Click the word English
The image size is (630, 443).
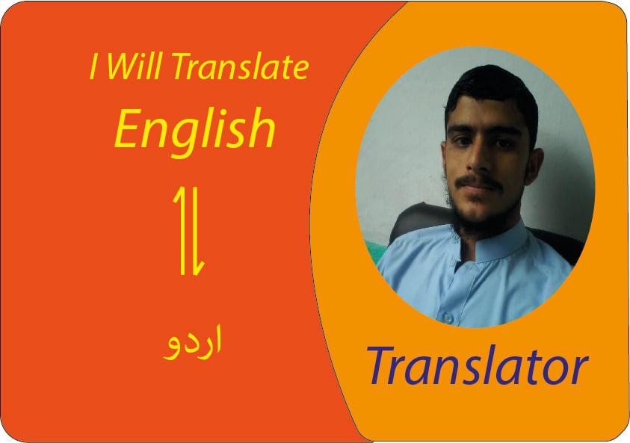coord(195,128)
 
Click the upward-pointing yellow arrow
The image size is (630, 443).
coord(180,228)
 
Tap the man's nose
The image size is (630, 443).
coord(480,160)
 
